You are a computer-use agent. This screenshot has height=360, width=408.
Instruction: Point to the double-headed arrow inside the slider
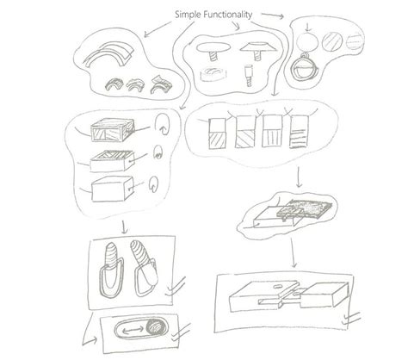[133, 332]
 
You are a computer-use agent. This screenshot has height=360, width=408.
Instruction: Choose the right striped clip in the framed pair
[144, 268]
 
